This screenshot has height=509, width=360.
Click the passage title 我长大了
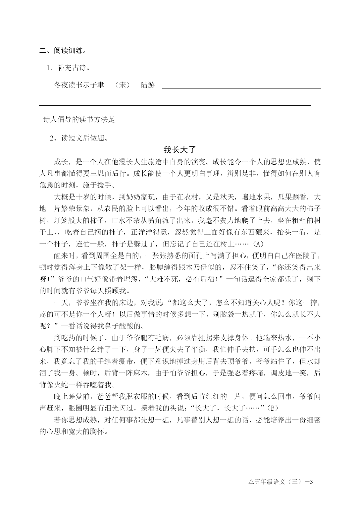click(x=180, y=150)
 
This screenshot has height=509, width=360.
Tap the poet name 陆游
click(x=148, y=85)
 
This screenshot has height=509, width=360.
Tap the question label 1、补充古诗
click(x=68, y=68)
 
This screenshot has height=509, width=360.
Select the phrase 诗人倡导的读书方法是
click(x=79, y=120)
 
